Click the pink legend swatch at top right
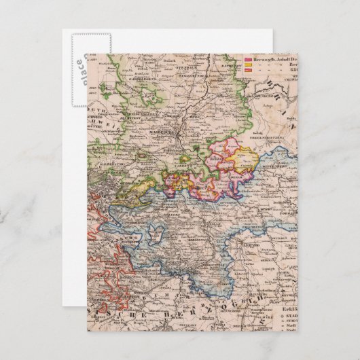tap(247, 60)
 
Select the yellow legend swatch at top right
tap(247, 66)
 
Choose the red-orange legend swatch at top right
tap(247, 71)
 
